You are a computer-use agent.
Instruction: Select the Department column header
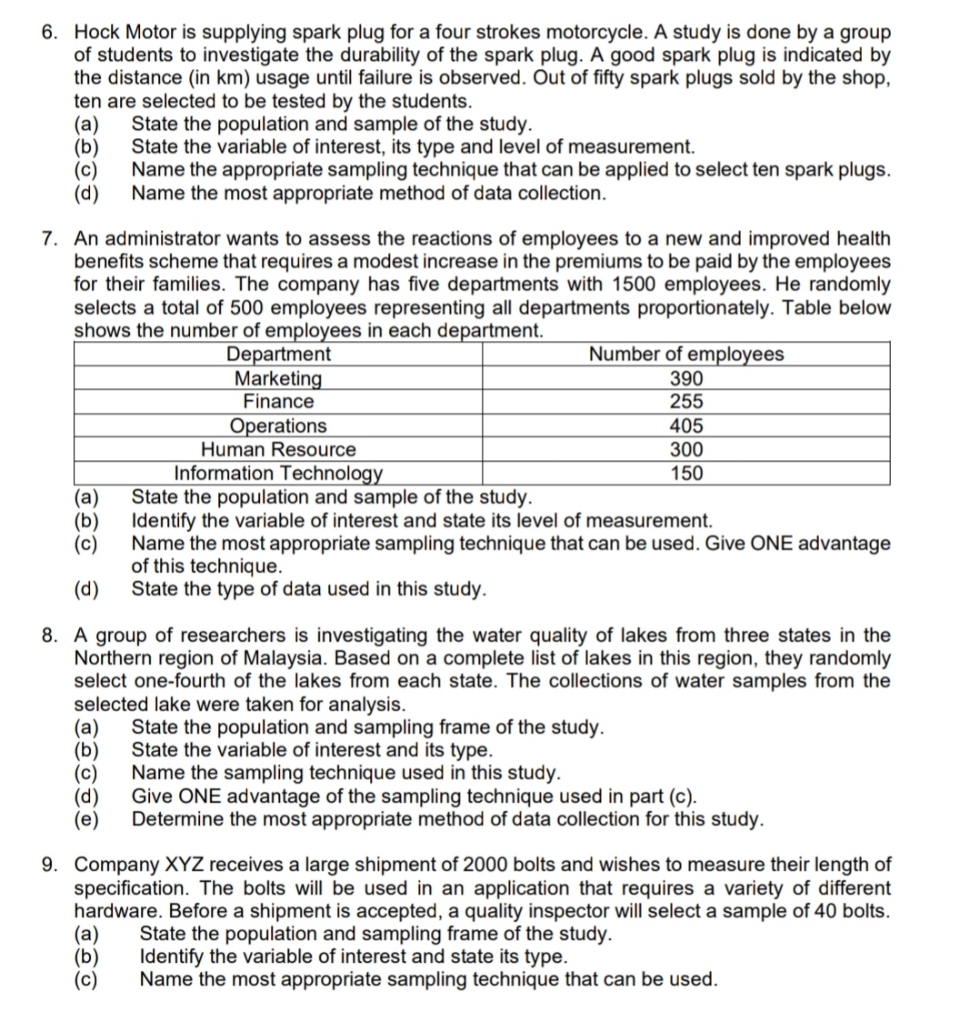click(278, 355)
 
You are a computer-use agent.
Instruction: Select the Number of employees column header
click(686, 355)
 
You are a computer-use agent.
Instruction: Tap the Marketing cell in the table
click(278, 378)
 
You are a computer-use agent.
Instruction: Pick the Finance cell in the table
click(278, 402)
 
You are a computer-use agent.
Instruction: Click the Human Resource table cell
click(278, 449)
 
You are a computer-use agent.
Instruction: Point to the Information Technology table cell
click(278, 473)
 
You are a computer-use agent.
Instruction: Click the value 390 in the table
click(686, 378)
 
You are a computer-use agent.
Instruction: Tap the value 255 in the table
click(686, 402)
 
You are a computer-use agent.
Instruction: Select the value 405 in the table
click(686, 426)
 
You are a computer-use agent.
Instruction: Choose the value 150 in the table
click(686, 473)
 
